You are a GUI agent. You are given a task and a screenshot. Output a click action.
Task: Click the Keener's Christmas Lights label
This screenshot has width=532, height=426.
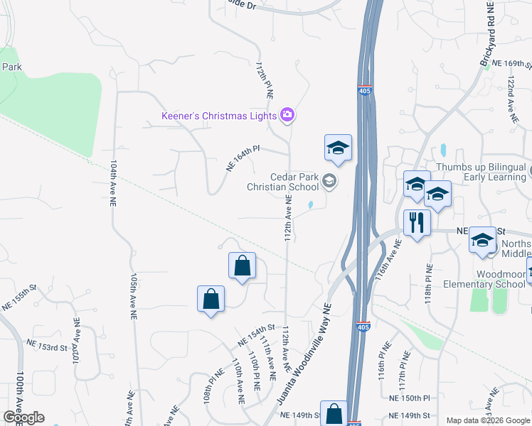tap(220, 115)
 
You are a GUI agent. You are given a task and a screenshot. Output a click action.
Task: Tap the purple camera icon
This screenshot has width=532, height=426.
tap(287, 114)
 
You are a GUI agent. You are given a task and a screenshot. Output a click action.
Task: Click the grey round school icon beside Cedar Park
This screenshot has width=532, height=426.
tap(329, 182)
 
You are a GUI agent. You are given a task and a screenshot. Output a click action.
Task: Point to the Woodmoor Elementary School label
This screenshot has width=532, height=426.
tap(482, 279)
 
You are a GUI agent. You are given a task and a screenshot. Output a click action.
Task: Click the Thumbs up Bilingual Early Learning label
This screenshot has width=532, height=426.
tap(480, 172)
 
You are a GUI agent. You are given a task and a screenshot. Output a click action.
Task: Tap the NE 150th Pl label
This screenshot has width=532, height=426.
tap(410, 398)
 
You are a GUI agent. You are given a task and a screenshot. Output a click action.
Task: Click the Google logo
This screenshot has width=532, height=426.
tap(23, 417)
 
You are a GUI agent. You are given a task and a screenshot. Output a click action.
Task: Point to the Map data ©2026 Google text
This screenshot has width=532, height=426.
tap(487, 420)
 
